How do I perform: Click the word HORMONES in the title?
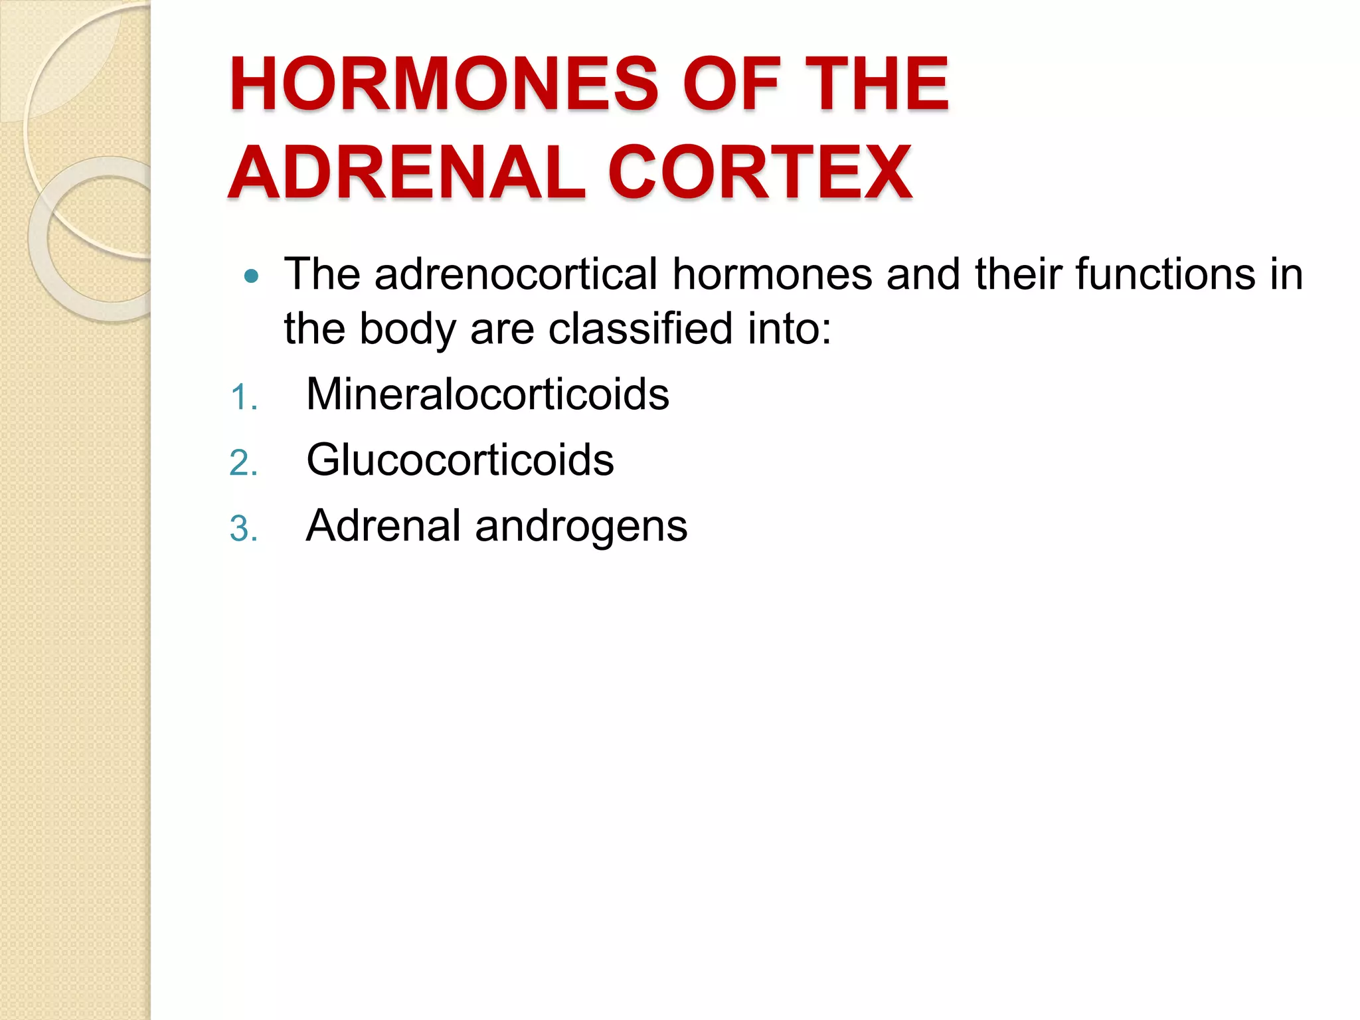tap(443, 84)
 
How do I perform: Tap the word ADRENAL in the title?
tap(406, 173)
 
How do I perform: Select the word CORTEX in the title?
tap(760, 173)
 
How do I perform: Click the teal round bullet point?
tap(251, 276)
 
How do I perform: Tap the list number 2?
tap(242, 464)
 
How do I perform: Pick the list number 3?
tap(242, 530)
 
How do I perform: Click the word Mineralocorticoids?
tap(487, 394)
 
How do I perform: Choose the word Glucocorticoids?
tap(460, 460)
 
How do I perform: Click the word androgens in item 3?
tap(581, 527)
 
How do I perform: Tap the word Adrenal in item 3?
tap(383, 525)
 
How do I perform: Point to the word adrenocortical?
tap(516, 274)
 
